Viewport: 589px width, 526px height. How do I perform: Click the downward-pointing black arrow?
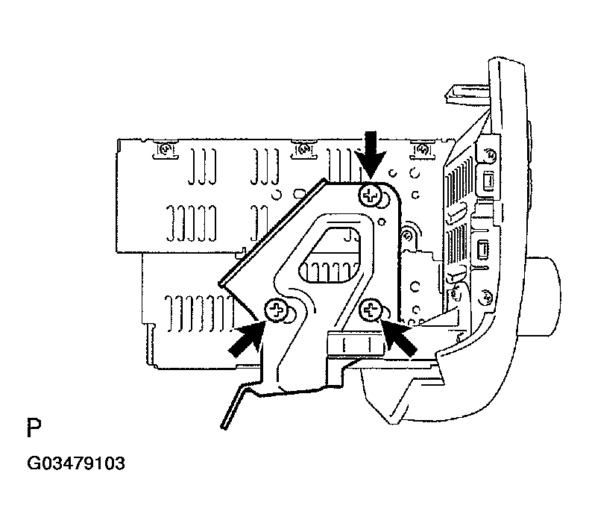[x=371, y=154]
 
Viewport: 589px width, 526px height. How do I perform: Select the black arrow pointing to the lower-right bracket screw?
[x=399, y=337]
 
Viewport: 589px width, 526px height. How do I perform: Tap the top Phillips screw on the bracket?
[x=370, y=195]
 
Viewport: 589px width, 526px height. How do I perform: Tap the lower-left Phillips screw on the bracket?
[x=277, y=310]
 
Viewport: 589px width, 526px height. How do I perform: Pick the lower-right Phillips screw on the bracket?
[x=371, y=310]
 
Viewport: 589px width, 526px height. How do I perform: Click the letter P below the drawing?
[x=34, y=428]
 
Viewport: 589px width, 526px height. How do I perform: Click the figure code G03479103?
[x=76, y=463]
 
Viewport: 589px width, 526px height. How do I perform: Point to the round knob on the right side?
[x=544, y=296]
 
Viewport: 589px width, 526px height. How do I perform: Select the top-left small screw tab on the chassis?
[x=164, y=149]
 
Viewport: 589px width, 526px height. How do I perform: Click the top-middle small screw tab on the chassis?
[x=303, y=149]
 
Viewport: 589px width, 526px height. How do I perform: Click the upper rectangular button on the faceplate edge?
[x=487, y=181]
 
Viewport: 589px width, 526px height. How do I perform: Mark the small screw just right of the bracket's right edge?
[x=408, y=237]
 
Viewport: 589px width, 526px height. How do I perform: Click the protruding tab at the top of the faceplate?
[x=468, y=93]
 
